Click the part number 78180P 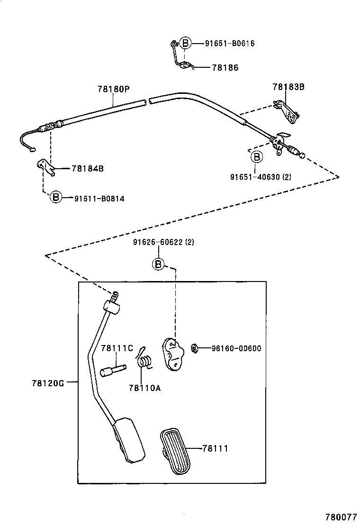tap(114, 89)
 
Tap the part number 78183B tap(288, 87)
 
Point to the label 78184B tap(88, 168)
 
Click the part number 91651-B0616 tap(230, 44)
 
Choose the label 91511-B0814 tap(99, 199)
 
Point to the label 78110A tap(144, 388)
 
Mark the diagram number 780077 tap(341, 518)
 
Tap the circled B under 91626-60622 tap(158, 264)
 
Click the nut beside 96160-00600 tap(195, 349)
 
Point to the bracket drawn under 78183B tap(289, 111)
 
